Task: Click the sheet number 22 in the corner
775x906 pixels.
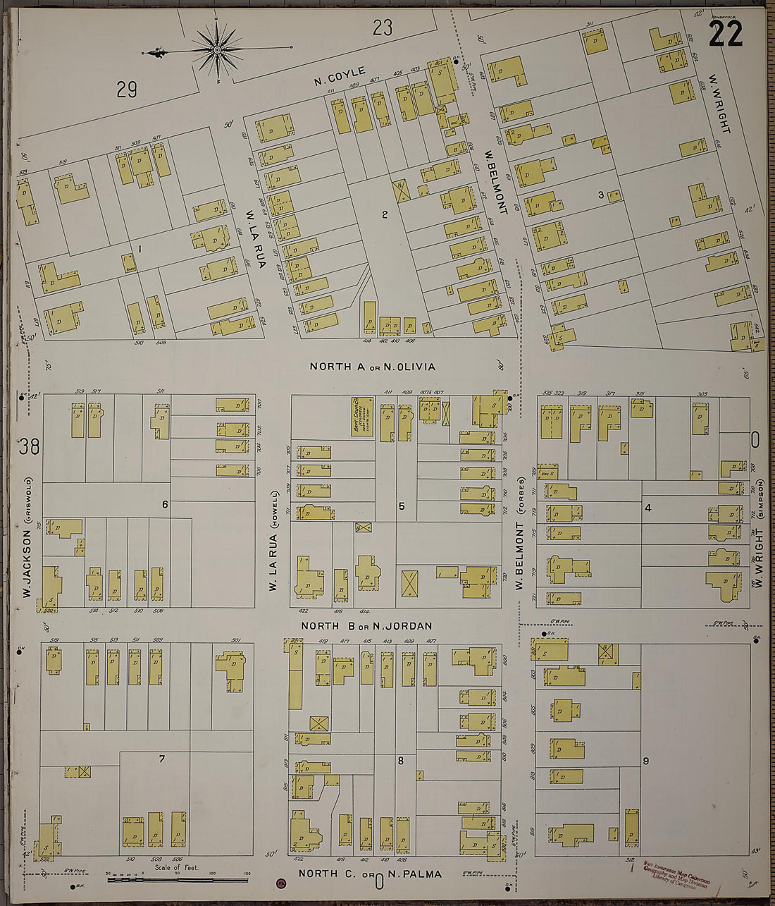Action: [725, 33]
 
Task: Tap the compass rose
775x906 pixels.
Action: [218, 49]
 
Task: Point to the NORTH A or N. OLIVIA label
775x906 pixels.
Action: [373, 367]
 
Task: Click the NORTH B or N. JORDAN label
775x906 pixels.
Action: [366, 626]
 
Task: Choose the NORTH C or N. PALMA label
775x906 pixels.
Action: [370, 874]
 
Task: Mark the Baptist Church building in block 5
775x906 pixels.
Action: [362, 417]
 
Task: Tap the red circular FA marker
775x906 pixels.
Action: [282, 883]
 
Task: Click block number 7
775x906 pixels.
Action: [161, 759]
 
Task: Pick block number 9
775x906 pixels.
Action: [645, 761]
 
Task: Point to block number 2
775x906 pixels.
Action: [385, 215]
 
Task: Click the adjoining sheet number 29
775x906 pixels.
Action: [127, 90]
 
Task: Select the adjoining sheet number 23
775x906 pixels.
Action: [382, 28]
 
